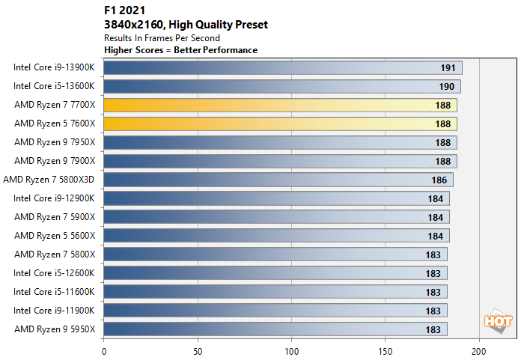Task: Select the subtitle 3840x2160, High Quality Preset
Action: click(x=186, y=25)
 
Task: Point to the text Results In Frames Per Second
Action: click(x=161, y=37)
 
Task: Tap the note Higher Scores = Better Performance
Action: click(x=180, y=50)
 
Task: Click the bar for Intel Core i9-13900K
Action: click(x=282, y=67)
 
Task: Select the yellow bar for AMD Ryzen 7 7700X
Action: click(x=280, y=105)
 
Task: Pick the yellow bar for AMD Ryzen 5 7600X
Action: click(x=280, y=123)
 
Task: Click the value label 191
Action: click(x=448, y=68)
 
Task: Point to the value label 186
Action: click(x=439, y=180)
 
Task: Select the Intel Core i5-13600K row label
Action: click(x=55, y=86)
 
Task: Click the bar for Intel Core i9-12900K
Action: click(x=276, y=198)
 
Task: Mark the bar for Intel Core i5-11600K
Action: click(x=275, y=291)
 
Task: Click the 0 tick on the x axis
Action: click(x=104, y=350)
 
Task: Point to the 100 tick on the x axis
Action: click(x=291, y=350)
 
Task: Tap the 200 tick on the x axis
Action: click(x=479, y=350)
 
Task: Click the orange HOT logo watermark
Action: click(x=499, y=322)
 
